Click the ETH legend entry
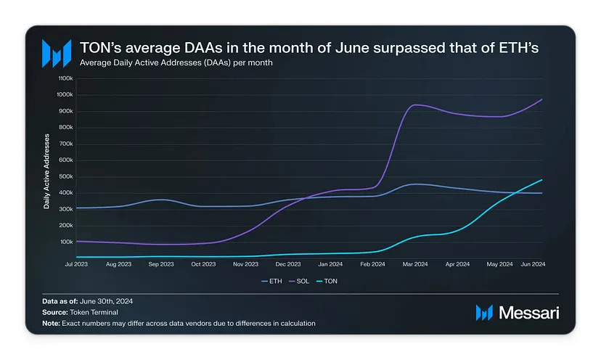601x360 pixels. coord(270,281)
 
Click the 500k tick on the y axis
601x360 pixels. coord(65,176)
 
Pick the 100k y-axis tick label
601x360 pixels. coord(65,242)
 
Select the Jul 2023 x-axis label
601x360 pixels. coord(76,264)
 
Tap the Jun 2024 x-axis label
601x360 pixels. coord(533,264)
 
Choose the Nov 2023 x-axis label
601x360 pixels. coord(246,264)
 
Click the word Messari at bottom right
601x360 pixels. coord(528,313)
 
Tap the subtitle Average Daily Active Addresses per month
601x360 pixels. coord(176,63)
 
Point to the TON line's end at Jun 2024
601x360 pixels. coord(542,179)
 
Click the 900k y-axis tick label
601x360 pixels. coord(65,111)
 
